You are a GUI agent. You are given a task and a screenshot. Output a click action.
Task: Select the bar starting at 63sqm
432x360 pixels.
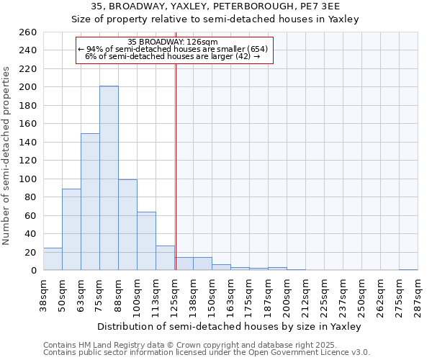tap(90, 202)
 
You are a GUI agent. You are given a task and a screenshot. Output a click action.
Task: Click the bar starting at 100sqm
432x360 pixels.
tap(146, 240)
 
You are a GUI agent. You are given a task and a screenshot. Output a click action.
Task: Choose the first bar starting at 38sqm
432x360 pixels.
tap(53, 259)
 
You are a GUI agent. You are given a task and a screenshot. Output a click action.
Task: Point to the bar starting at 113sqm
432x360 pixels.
tap(165, 258)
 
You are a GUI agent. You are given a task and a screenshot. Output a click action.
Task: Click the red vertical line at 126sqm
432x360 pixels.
tap(176, 166)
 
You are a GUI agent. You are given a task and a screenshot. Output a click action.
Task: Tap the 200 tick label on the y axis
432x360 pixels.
tap(28, 87)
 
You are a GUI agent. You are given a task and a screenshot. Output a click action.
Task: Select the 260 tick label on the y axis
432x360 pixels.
tap(28, 32)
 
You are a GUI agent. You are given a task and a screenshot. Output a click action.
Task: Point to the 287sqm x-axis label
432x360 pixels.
tap(418, 295)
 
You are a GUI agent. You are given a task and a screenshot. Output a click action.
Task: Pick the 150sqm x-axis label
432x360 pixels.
tap(212, 295)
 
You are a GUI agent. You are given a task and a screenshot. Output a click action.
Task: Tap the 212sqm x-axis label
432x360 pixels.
tap(306, 295)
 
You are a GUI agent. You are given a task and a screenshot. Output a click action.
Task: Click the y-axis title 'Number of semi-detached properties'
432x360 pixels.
tap(7, 156)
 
